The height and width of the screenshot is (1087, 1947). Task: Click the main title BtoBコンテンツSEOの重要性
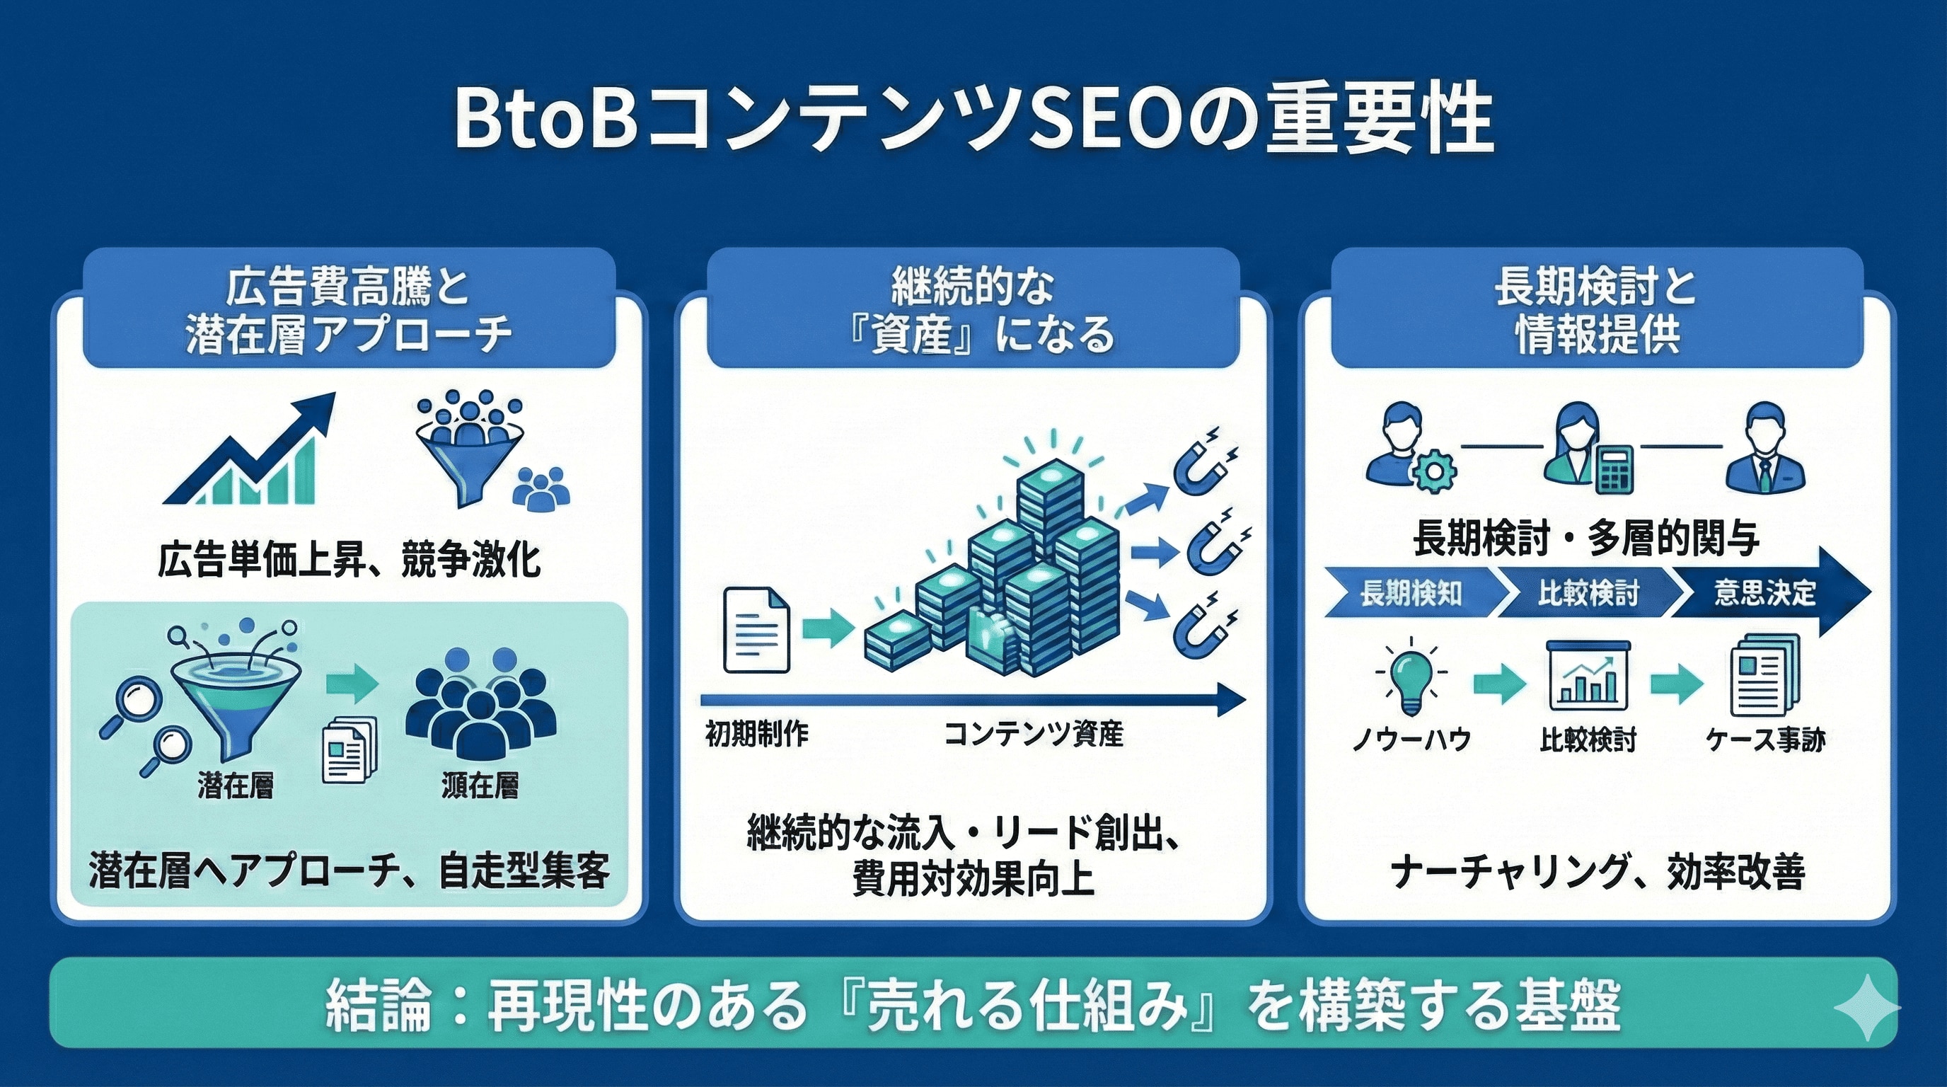pos(973,121)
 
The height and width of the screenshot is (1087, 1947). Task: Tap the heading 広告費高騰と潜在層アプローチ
pos(348,310)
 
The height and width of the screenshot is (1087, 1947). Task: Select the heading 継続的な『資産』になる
pos(973,310)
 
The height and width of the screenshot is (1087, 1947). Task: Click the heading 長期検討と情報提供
pos(1596,310)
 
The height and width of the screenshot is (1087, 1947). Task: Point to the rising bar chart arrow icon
pos(250,454)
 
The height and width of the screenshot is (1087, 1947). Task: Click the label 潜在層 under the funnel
pos(235,786)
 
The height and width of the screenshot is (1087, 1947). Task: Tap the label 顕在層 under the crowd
pos(480,786)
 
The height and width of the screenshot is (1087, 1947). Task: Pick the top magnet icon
pos(1205,461)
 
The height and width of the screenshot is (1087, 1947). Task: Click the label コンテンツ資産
pos(1033,734)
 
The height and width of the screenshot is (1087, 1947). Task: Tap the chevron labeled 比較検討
pos(1587,593)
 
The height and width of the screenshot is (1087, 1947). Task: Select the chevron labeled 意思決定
pos(1765,593)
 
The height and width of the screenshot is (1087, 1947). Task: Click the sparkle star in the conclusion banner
pos(1866,1008)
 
